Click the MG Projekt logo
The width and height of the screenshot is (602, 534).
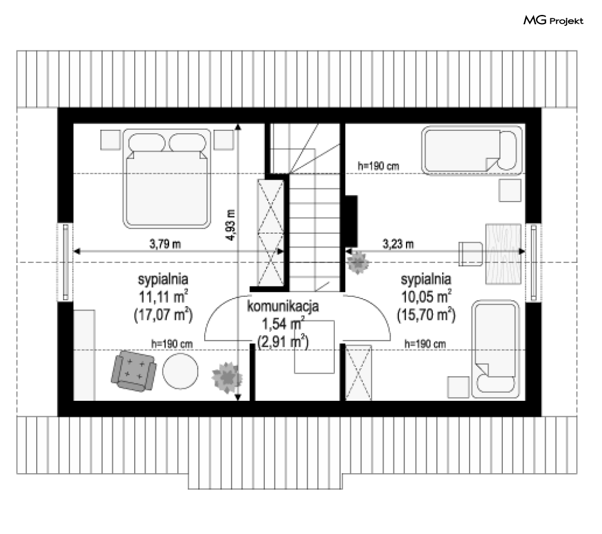point(553,20)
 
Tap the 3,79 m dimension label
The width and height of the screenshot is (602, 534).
point(165,243)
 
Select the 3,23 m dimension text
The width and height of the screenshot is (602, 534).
point(398,243)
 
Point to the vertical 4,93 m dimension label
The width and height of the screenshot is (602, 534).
point(230,225)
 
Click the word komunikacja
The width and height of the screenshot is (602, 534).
point(283,307)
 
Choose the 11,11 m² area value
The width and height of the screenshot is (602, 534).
point(163,296)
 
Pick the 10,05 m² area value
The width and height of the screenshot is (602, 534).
point(426,296)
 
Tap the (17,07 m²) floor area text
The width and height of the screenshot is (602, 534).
point(163,315)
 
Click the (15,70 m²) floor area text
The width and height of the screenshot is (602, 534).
point(426,315)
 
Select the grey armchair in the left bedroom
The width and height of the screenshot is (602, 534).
point(134,371)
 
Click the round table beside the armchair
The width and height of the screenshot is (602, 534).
point(181,371)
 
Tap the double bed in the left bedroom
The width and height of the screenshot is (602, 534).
point(167,179)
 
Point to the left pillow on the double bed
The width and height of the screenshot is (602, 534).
point(147,142)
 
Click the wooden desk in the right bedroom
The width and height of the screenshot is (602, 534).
point(503,254)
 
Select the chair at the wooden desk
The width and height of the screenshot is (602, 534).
point(471,254)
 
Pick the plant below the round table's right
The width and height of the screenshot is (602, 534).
point(227,377)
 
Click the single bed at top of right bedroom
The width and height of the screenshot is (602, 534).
point(472,150)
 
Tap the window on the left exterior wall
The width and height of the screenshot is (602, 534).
point(66,262)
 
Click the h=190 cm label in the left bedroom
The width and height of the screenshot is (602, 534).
point(172,344)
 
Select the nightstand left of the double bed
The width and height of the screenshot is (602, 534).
point(111,140)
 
